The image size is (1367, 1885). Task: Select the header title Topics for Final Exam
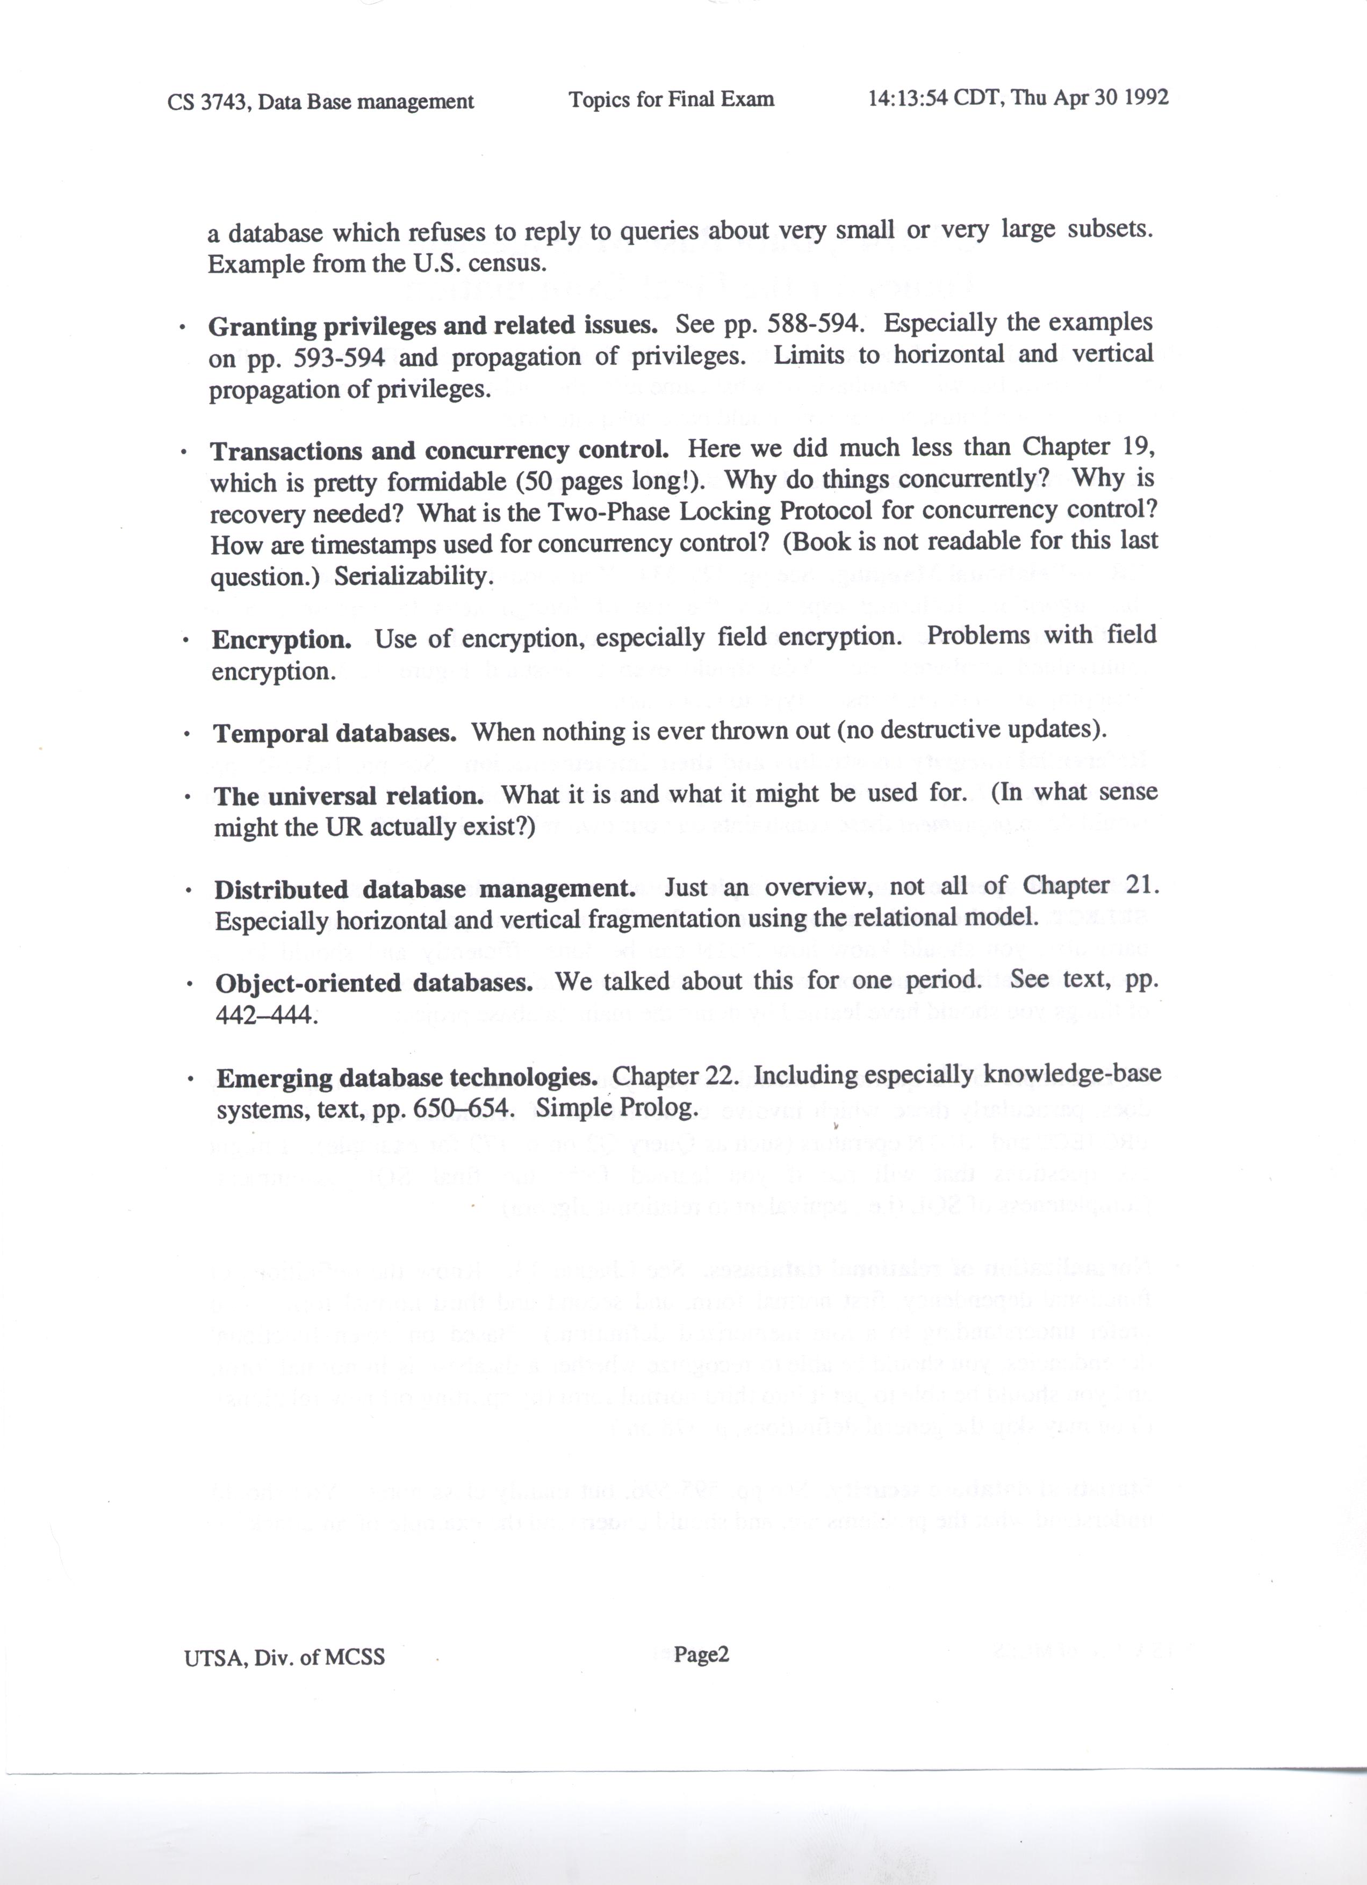coord(672,100)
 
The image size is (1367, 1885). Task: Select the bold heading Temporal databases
coord(335,733)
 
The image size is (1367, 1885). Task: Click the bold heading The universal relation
coord(349,796)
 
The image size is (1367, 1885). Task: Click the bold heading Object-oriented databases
coord(374,983)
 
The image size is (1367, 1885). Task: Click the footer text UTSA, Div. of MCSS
coord(285,1657)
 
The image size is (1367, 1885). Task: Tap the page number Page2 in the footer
coord(701,1654)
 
